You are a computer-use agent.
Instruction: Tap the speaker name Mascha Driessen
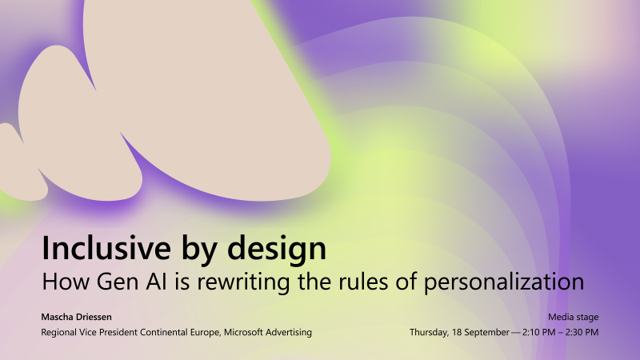click(78, 318)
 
